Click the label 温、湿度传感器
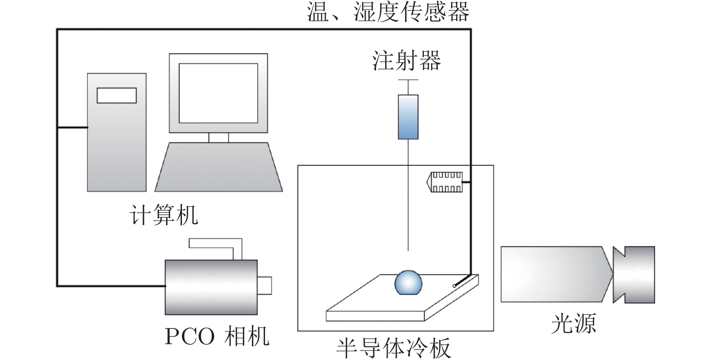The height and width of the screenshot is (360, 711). [388, 12]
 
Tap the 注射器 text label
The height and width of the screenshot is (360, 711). [406, 61]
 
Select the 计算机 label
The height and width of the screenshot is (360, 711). [163, 215]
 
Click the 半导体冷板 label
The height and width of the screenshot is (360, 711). [394, 349]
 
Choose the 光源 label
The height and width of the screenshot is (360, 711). [573, 323]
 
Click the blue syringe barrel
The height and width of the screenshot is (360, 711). [408, 117]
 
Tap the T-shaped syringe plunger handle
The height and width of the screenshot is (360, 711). [408, 81]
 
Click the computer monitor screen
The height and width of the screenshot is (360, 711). [218, 93]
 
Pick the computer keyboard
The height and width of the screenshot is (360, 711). [218, 167]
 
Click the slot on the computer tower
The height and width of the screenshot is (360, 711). [116, 95]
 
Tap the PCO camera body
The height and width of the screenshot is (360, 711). [211, 287]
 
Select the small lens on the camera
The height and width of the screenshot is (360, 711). [265, 285]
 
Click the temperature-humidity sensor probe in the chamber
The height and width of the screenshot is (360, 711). [446, 182]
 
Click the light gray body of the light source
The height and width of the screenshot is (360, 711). [553, 274]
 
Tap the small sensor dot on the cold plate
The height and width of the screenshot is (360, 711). [455, 285]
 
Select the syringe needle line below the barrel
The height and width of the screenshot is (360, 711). [408, 194]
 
